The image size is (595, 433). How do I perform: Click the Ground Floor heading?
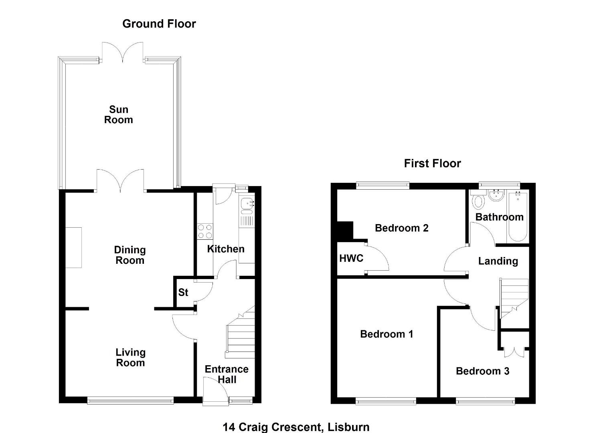[x=159, y=24]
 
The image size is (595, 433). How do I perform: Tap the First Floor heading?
[x=433, y=163]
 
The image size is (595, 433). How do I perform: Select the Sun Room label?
[x=118, y=115]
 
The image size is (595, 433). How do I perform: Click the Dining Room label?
[x=130, y=255]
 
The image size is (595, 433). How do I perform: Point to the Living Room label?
[x=130, y=358]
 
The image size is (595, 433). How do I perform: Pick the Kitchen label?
[x=226, y=249]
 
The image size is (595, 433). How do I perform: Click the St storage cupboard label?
[x=183, y=292]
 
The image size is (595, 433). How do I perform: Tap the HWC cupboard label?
[x=351, y=258]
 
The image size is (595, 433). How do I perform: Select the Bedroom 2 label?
[x=402, y=228]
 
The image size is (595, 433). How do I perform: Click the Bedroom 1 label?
[x=387, y=334]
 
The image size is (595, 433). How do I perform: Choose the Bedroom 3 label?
[x=483, y=371]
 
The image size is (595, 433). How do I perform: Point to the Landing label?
[x=498, y=261]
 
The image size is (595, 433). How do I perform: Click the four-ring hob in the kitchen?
[x=205, y=231]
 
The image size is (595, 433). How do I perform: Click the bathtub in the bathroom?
[x=518, y=216]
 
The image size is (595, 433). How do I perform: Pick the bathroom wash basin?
[x=496, y=196]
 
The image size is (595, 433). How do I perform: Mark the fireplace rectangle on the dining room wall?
[x=74, y=247]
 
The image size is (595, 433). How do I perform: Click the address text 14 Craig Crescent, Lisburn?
[x=296, y=427]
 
